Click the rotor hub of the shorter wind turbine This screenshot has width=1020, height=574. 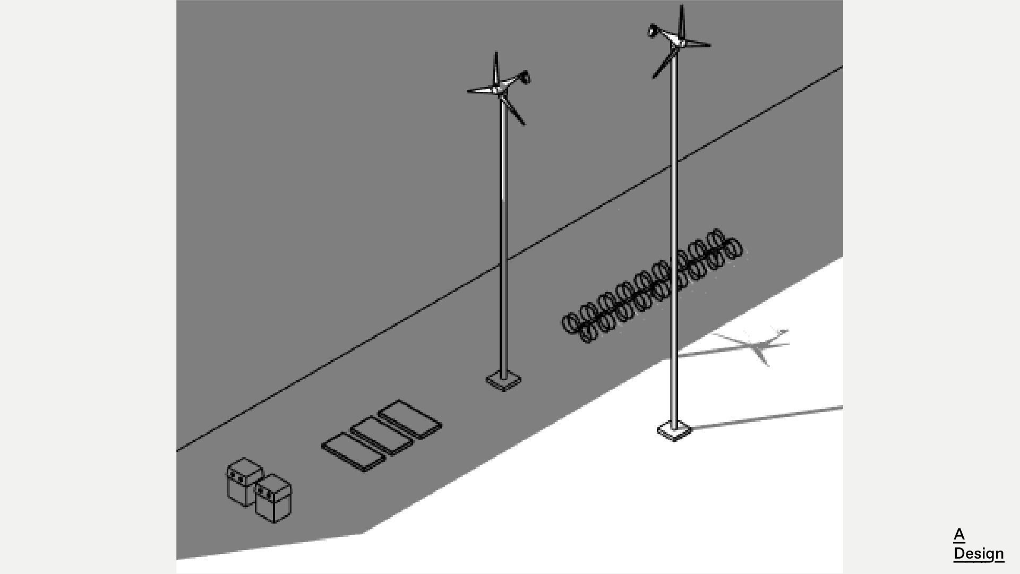click(497, 90)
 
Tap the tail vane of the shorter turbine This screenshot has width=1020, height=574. click(525, 78)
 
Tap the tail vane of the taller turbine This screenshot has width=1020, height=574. click(652, 31)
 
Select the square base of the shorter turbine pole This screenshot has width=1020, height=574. click(503, 381)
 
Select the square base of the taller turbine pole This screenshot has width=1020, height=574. click(674, 431)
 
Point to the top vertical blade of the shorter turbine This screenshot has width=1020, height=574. click(496, 68)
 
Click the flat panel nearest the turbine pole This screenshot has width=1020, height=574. click(410, 419)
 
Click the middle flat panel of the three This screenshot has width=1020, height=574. click(381, 435)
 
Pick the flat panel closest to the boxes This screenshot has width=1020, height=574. click(353, 452)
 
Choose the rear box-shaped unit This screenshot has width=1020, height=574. click(244, 482)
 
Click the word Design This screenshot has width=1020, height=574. click(978, 553)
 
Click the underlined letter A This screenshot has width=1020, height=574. click(958, 534)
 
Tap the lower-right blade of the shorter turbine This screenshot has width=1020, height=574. click(513, 110)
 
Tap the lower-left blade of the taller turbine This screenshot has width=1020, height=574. click(663, 64)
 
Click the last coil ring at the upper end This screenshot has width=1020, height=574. click(733, 249)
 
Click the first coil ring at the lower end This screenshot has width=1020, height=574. click(570, 323)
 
